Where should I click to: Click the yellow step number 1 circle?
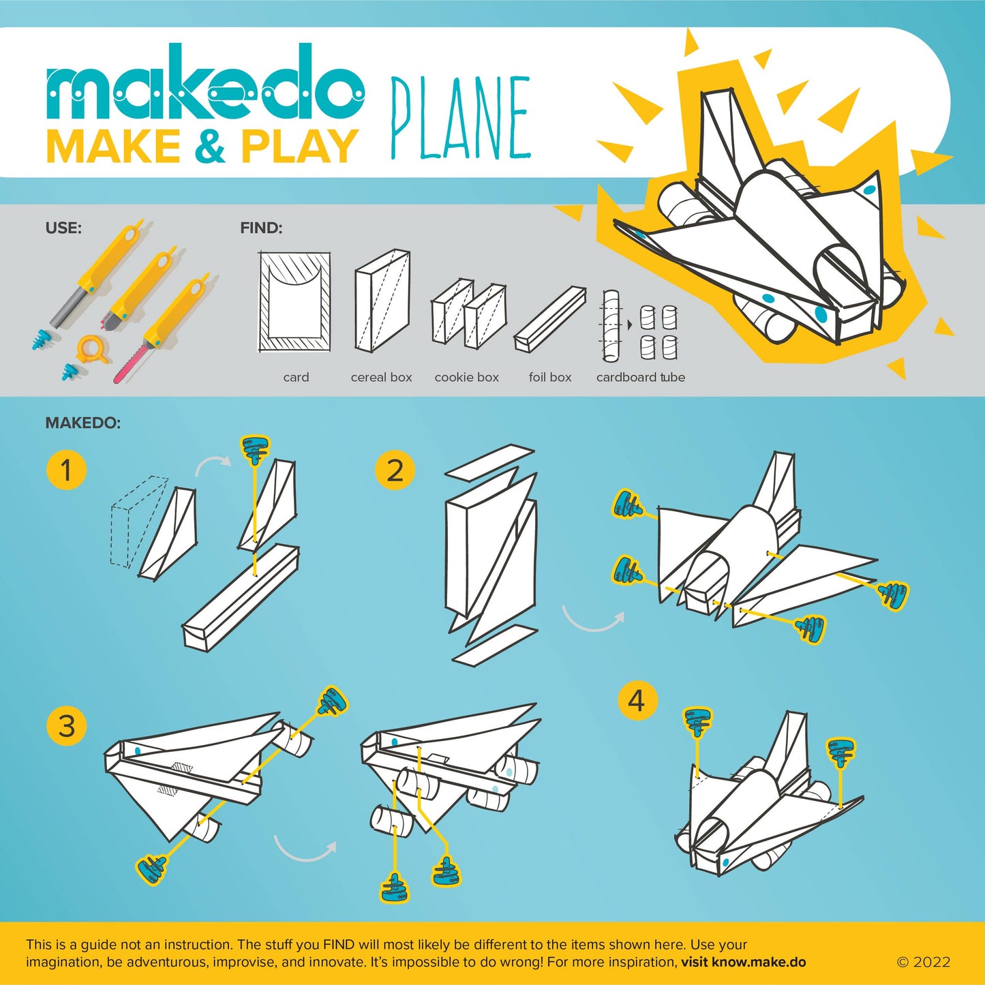(x=66, y=470)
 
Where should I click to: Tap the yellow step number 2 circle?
(x=395, y=470)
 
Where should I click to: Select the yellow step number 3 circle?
(x=66, y=725)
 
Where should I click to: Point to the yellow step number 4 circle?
(x=637, y=700)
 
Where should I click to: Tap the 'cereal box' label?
(x=381, y=377)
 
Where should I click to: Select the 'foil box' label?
(x=549, y=377)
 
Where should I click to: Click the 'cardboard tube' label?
(x=640, y=377)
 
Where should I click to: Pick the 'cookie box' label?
(x=466, y=377)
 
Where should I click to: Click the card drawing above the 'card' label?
(x=295, y=302)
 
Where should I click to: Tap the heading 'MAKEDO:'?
(x=82, y=423)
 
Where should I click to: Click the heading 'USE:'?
(x=63, y=228)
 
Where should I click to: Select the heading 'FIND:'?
(x=261, y=228)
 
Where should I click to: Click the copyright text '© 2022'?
(x=923, y=962)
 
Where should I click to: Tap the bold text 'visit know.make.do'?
(x=743, y=962)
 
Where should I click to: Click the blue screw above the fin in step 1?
(x=255, y=449)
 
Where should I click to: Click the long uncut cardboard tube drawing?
(x=610, y=326)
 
